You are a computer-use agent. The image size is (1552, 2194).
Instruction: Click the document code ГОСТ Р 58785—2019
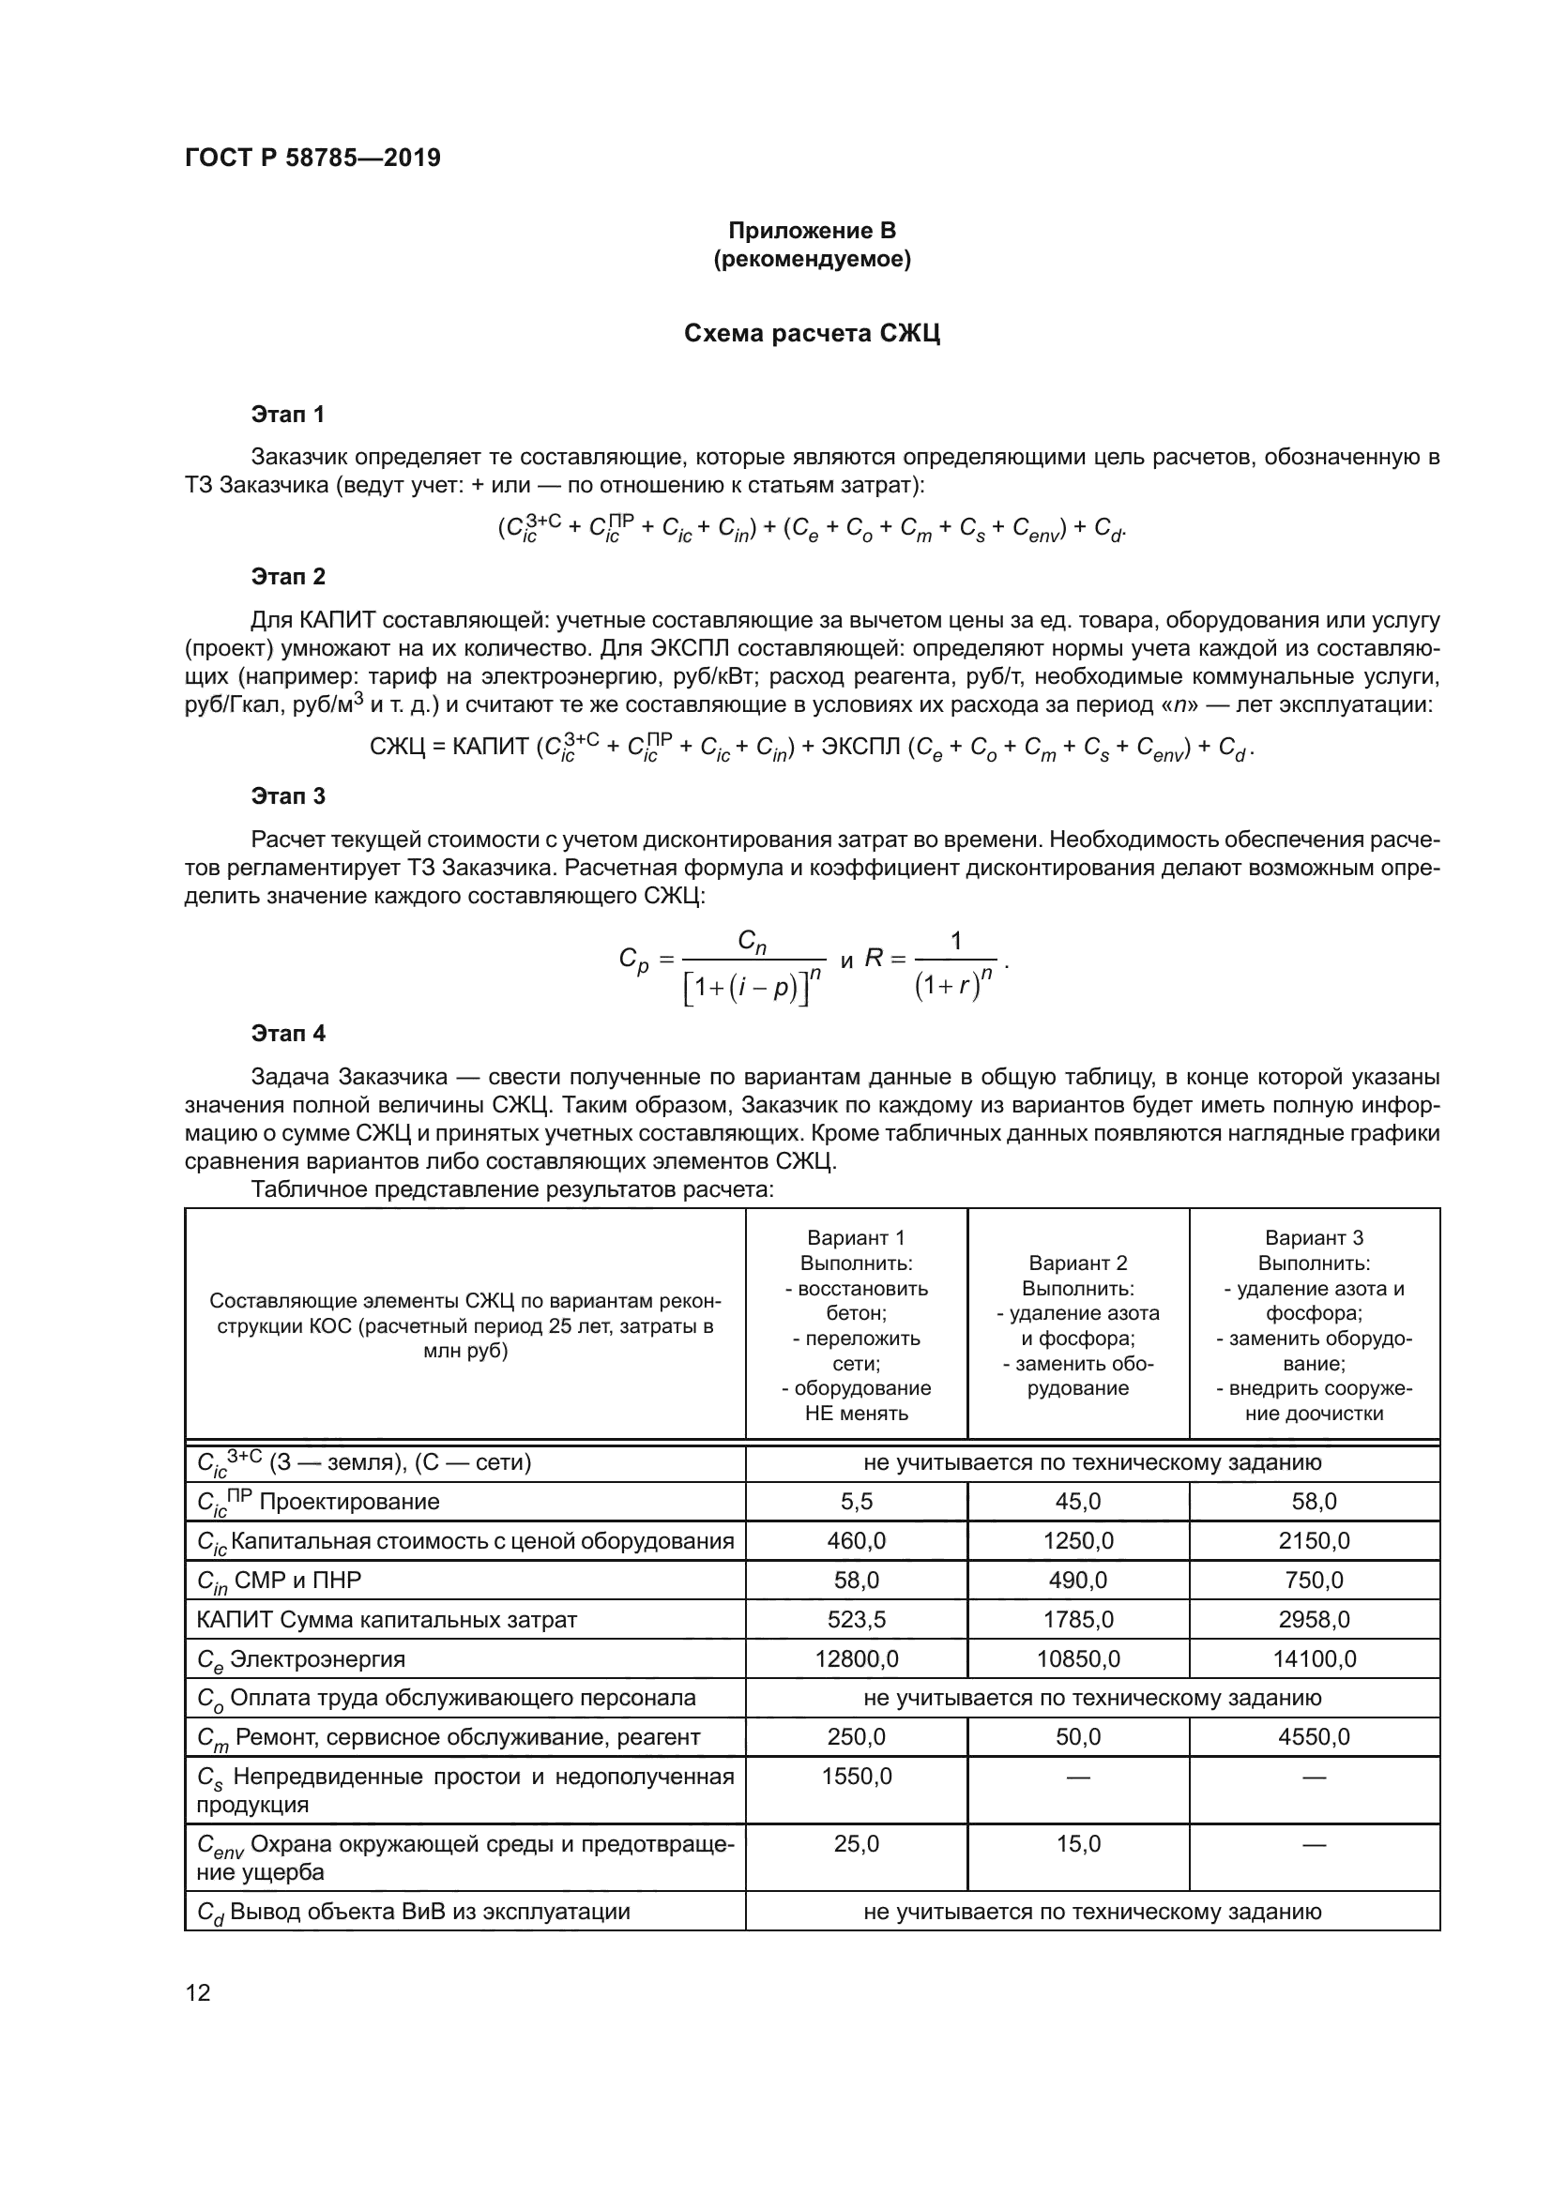click(312, 158)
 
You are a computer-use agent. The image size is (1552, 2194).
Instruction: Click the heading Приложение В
click(812, 231)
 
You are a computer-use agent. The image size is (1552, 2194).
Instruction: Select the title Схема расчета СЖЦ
click(812, 334)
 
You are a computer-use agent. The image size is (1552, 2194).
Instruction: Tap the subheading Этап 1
click(288, 414)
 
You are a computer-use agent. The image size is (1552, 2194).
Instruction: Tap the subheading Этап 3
click(288, 796)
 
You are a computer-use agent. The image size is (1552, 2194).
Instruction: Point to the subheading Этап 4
click(288, 1033)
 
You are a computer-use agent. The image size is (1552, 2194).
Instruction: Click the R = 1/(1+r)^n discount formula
click(936, 960)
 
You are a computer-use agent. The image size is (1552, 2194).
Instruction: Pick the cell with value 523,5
click(857, 1620)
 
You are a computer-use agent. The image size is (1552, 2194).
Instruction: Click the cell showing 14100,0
click(1314, 1659)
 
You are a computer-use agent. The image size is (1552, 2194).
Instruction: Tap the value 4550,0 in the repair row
click(1314, 1737)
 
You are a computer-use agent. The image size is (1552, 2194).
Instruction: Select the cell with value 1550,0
click(857, 1777)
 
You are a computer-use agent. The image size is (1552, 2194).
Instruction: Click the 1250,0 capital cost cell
click(1078, 1541)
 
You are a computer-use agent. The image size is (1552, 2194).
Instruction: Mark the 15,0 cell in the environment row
click(1078, 1843)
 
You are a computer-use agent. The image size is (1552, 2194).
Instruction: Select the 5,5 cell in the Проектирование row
click(857, 1501)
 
